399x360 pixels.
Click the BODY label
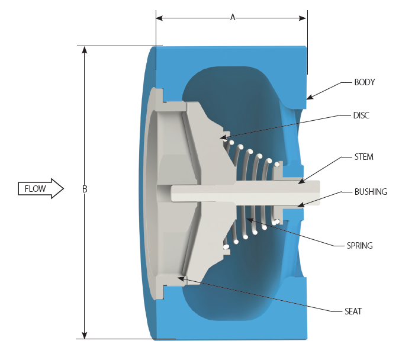tap(364, 82)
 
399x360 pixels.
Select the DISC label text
tap(361, 115)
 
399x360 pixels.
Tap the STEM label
tap(363, 157)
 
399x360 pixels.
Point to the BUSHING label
tap(371, 192)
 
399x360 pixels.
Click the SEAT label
tap(353, 311)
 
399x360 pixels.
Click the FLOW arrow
tap(40, 189)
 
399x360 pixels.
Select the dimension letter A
tap(233, 18)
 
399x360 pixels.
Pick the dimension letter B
tap(85, 189)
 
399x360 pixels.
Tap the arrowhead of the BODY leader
tap(308, 98)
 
